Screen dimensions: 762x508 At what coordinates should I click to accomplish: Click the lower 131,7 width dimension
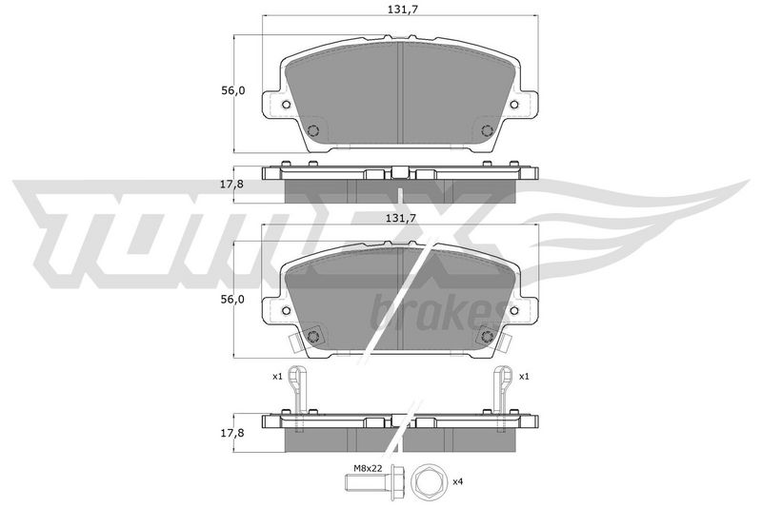pos(400,219)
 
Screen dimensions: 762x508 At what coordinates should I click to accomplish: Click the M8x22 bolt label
pos(367,468)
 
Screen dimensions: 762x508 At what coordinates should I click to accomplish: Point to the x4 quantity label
pos(457,481)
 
